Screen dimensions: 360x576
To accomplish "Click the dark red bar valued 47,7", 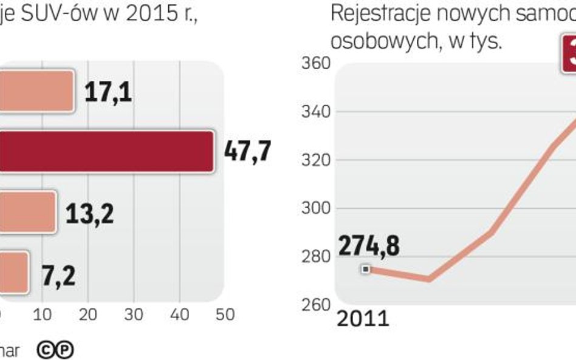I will (106, 151).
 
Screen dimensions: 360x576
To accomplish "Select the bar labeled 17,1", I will (36, 90).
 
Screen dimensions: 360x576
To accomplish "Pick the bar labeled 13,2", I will (27, 211).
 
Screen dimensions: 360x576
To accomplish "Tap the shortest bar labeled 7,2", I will (13, 271).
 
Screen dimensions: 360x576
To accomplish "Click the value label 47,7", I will (247, 151).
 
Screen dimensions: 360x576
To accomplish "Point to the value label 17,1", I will (108, 92).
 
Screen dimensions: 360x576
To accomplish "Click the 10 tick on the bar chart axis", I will (43, 314).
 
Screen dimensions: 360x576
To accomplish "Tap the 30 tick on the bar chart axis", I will (134, 314).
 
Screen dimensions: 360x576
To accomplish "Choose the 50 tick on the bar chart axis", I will (225, 314).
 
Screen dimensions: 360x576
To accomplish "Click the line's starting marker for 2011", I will (365, 268).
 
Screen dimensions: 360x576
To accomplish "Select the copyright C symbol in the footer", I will (46, 350).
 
